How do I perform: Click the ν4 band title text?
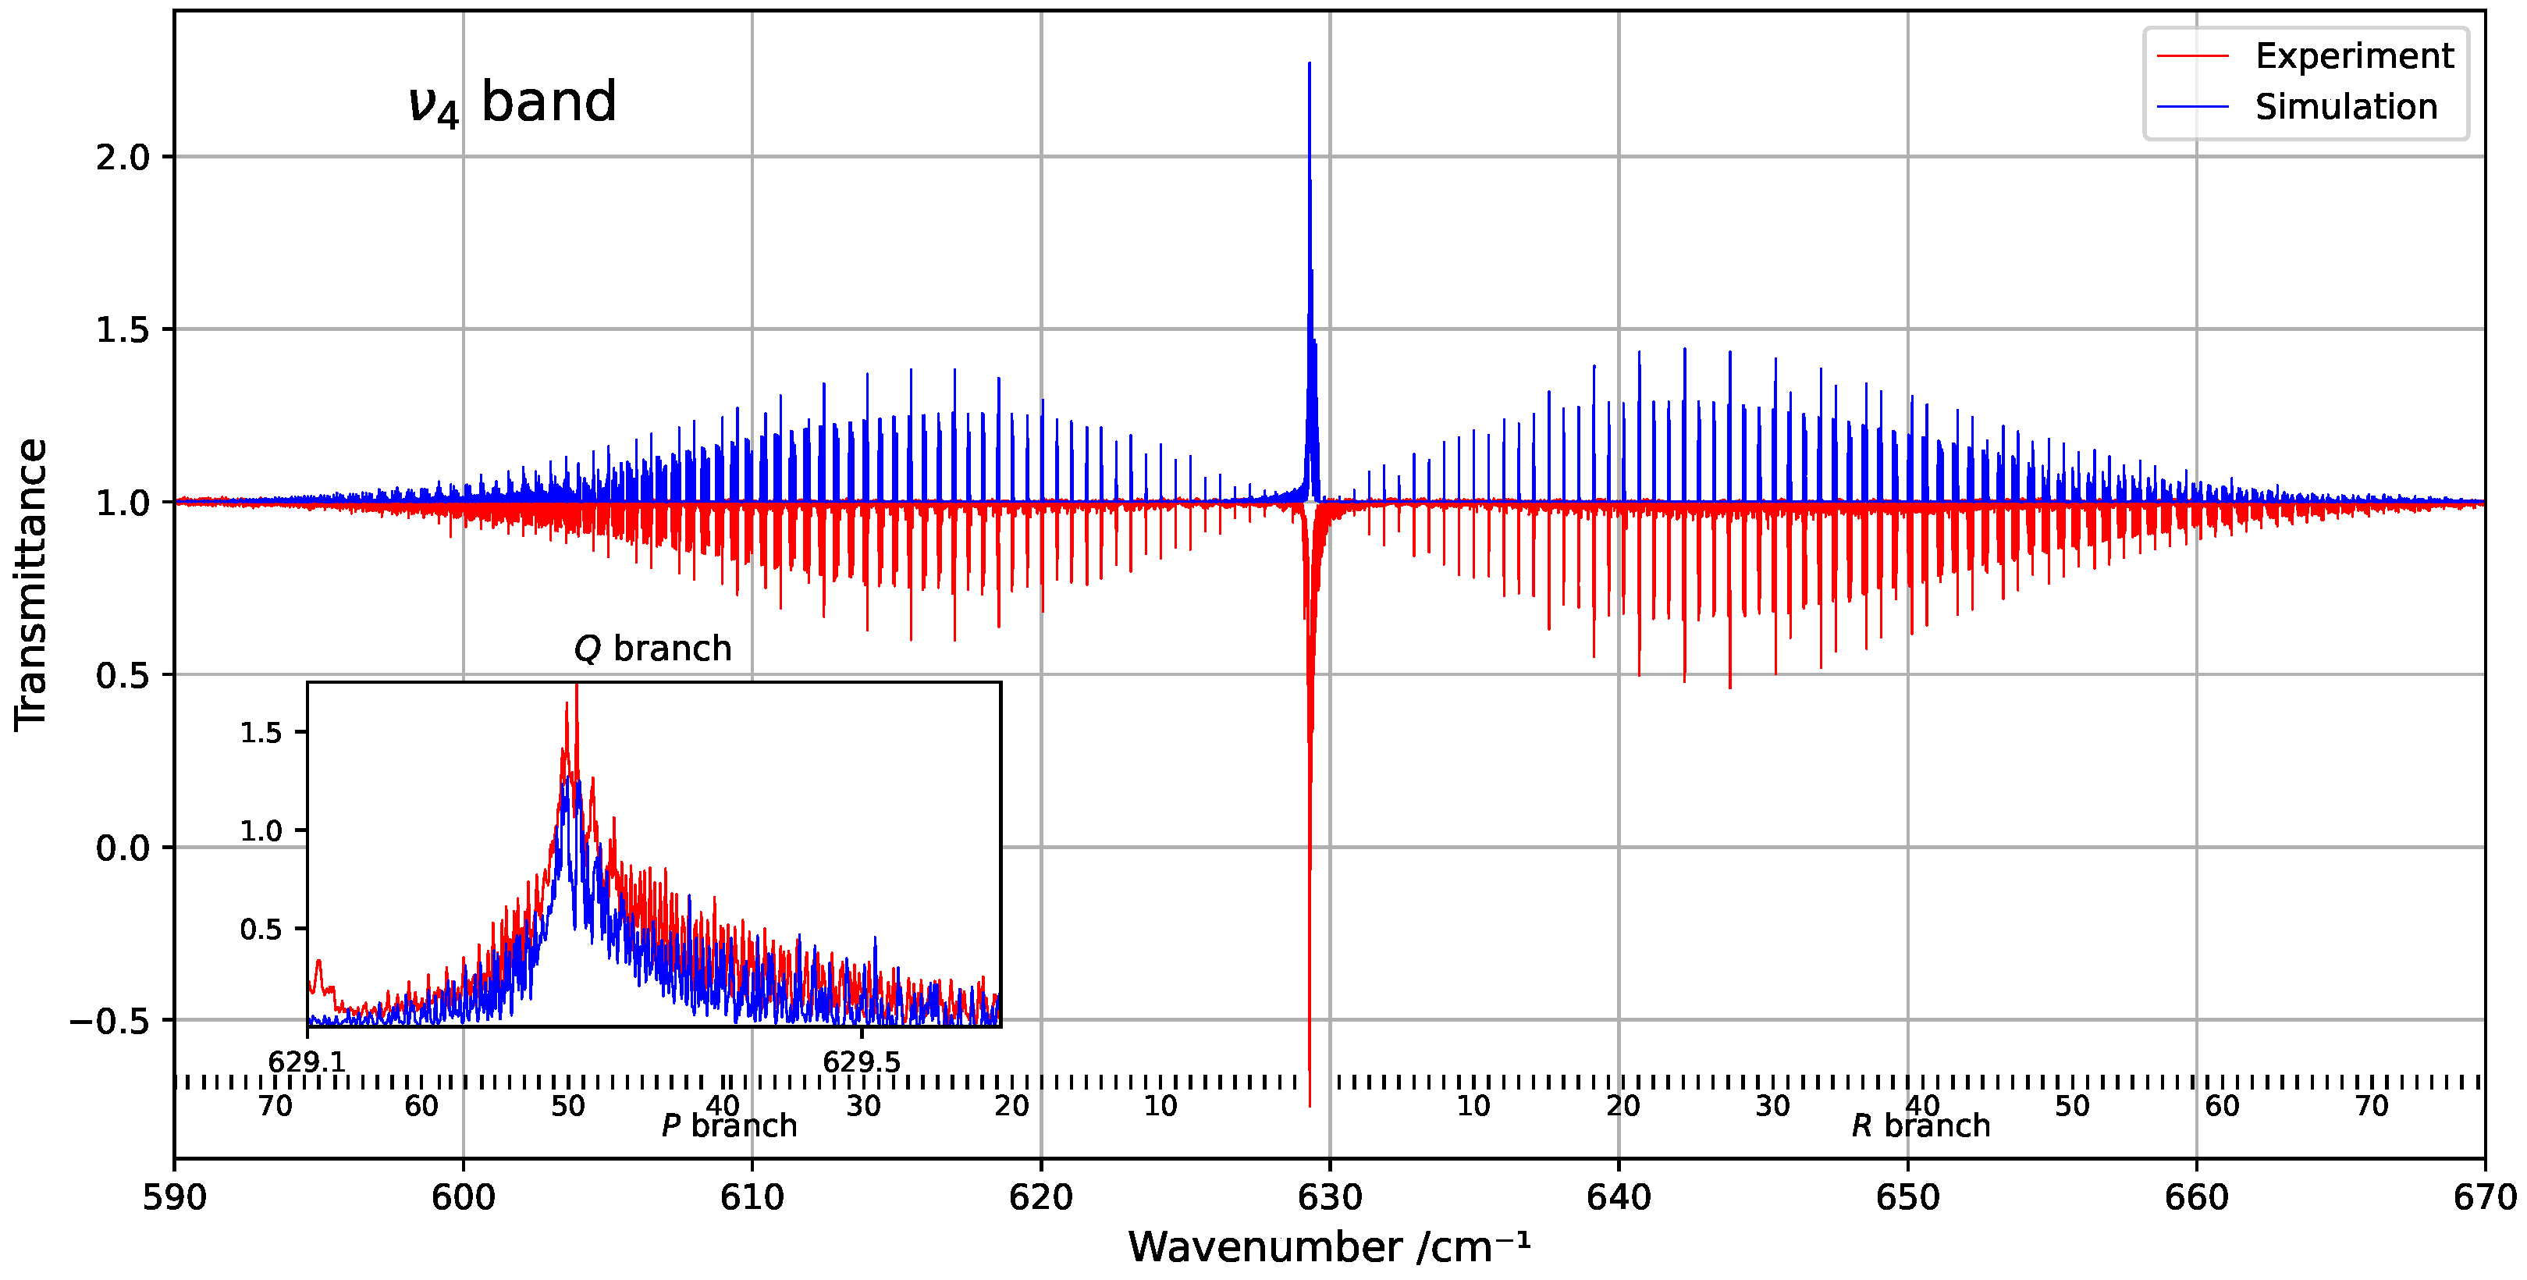click(512, 103)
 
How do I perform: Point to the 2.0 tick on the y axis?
click(123, 158)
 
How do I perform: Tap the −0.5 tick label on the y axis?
click(109, 1021)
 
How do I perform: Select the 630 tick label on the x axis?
click(1329, 1197)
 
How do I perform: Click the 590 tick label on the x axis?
click(175, 1197)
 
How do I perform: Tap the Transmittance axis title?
click(31, 585)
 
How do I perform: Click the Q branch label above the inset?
click(652, 649)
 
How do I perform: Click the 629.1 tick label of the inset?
click(307, 1061)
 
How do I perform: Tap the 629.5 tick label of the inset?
click(862, 1061)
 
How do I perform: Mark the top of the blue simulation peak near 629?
click(1310, 65)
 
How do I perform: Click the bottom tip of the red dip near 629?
click(1310, 1105)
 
